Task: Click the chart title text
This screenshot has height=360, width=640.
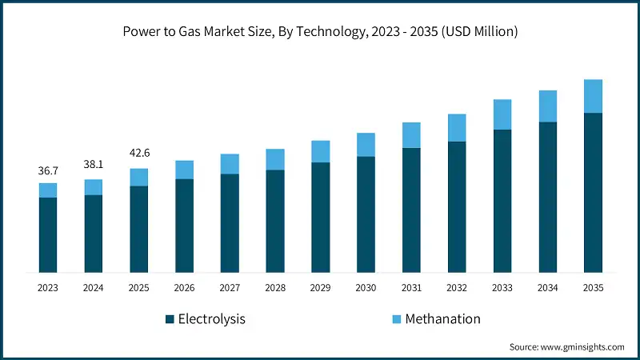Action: (320, 33)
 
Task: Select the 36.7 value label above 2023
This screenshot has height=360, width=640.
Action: (48, 171)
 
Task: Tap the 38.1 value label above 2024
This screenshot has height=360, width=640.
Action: (94, 164)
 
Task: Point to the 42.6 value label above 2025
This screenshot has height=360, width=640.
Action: (139, 153)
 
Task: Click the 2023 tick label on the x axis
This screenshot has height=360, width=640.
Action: (48, 288)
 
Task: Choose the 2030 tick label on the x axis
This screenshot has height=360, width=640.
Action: (366, 288)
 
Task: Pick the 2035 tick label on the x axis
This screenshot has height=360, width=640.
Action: (593, 288)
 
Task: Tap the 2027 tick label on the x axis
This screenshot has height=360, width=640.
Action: (230, 288)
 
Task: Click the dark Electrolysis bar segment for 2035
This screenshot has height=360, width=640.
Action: (593, 192)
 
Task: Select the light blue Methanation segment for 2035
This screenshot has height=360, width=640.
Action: (593, 96)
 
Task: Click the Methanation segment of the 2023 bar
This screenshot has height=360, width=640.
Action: (48, 190)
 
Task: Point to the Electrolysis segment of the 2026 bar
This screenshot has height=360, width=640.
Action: (184, 226)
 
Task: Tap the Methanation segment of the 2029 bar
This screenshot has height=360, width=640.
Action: (320, 151)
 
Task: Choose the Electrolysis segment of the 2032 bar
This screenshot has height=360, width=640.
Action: (457, 206)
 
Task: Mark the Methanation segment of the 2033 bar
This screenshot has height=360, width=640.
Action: (502, 114)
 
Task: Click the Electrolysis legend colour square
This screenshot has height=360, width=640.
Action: (170, 319)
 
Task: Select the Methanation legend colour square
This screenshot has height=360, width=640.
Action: (396, 319)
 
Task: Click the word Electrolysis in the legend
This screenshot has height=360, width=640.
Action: (212, 319)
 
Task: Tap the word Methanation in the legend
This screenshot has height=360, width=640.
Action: (442, 319)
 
